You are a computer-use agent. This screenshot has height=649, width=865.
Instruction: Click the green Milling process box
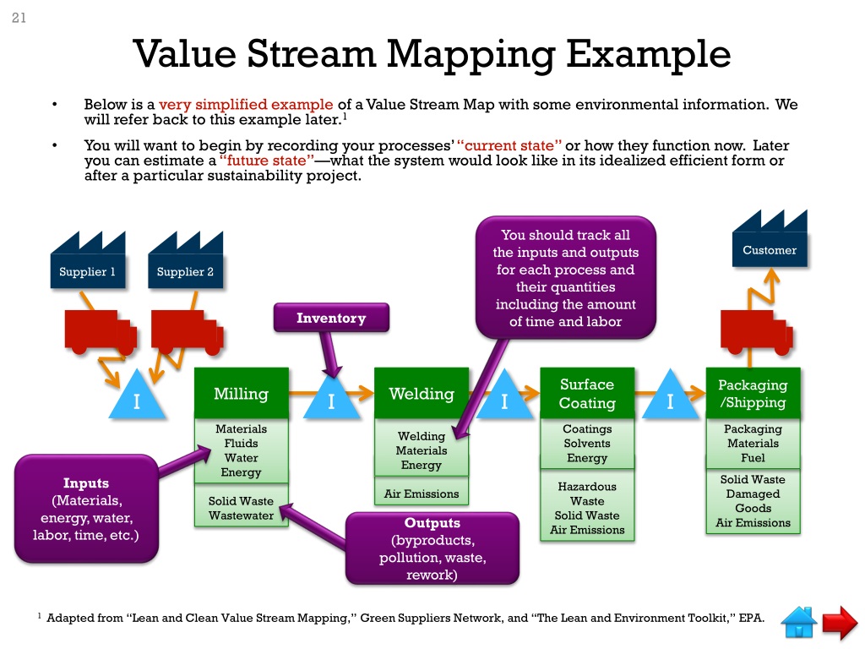(241, 393)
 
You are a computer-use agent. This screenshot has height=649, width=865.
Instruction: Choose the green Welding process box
(421, 393)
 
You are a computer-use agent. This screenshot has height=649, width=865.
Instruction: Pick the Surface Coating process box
(587, 393)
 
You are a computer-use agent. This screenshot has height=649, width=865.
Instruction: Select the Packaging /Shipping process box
(752, 393)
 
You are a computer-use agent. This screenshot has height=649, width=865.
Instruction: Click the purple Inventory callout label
(331, 319)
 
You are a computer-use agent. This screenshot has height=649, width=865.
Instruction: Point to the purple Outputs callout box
(432, 548)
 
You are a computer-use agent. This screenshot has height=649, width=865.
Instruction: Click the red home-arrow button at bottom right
(840, 623)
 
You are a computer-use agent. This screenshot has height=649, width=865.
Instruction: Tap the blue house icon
(799, 622)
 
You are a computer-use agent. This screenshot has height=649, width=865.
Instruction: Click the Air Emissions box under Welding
(421, 494)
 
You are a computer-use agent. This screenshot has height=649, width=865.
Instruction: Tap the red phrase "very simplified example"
(246, 105)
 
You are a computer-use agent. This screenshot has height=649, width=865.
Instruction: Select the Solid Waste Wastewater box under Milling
(241, 509)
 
